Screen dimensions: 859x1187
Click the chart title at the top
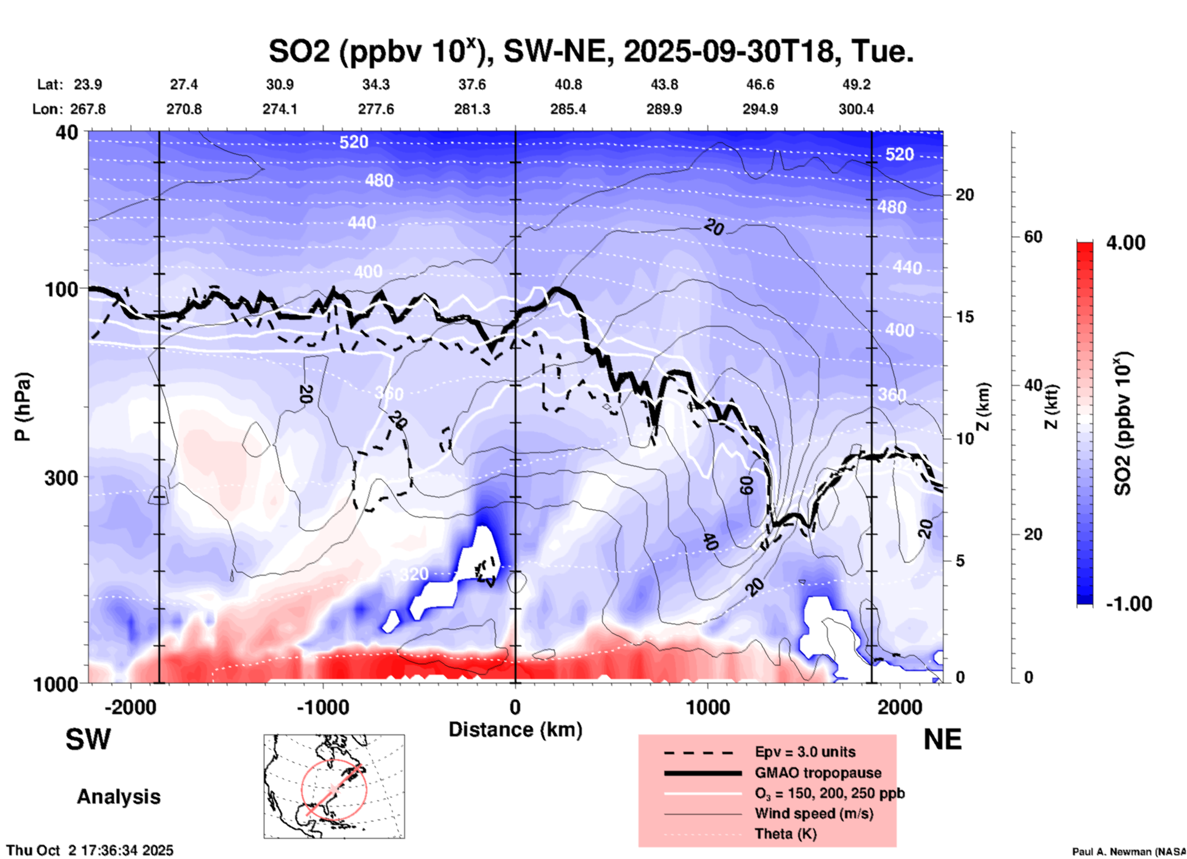coord(590,52)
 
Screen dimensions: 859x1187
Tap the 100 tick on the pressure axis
coord(62,289)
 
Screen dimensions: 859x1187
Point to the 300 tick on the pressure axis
coord(62,478)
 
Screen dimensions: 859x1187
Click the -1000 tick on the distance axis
coord(323,707)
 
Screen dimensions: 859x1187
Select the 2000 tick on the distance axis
coord(900,707)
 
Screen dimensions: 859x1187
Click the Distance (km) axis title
coord(515,730)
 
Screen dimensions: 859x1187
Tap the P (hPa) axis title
coord(23,407)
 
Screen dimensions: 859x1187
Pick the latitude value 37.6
coord(472,84)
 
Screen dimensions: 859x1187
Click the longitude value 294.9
coord(760,109)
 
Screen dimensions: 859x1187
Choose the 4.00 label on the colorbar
coord(1125,243)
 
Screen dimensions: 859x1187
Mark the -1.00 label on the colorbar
coord(1128,603)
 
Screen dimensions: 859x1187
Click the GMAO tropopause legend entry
coord(818,773)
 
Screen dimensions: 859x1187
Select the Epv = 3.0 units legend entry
coord(805,752)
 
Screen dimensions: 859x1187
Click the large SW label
coord(88,739)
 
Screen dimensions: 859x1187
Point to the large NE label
coord(942,739)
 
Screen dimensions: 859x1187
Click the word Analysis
coord(118,797)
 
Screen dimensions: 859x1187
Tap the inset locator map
coord(334,786)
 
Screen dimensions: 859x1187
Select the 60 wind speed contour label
coord(746,485)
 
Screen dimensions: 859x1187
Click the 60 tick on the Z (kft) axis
coord(1033,237)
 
